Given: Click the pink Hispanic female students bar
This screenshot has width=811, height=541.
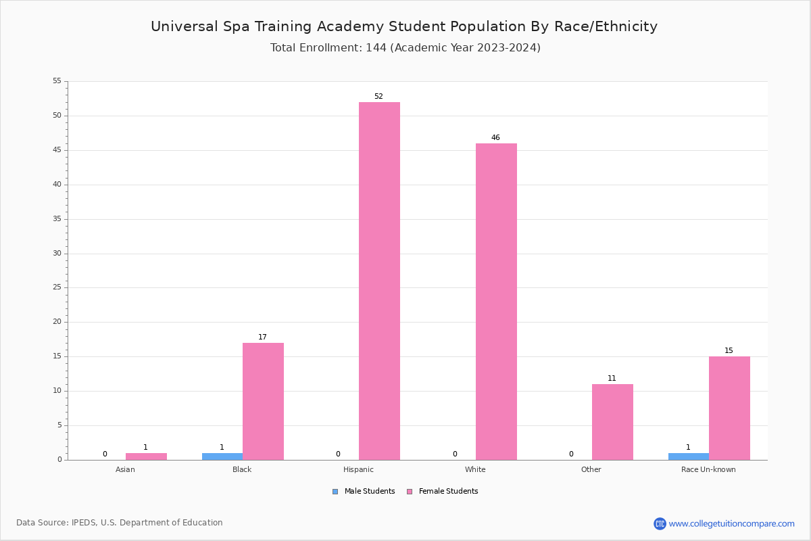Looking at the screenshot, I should (379, 281).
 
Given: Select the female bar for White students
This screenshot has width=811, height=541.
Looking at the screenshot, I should (496, 301).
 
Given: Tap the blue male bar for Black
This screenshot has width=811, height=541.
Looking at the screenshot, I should (222, 456).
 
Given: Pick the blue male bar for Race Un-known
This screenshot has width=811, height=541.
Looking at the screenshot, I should (689, 456).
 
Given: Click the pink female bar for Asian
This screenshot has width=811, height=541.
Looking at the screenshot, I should (146, 456).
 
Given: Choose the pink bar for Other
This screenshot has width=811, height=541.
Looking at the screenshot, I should (612, 422).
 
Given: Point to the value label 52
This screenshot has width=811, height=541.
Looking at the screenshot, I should (378, 97).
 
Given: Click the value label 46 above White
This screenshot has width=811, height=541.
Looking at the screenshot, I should (495, 138).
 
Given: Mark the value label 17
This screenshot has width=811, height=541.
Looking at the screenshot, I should (262, 337).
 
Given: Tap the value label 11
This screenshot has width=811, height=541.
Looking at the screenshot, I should (612, 379).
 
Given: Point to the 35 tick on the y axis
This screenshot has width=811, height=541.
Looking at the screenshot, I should (57, 219).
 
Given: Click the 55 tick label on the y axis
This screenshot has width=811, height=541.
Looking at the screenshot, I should (57, 81).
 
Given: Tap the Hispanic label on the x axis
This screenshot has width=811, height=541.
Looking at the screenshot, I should (358, 469).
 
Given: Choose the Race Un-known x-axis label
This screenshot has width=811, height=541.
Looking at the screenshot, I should (708, 469).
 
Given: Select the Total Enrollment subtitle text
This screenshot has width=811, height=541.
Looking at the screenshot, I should (405, 48).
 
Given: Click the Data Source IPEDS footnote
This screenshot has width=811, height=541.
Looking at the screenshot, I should (120, 523).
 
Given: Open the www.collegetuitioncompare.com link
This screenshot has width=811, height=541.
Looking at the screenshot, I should (731, 523).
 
